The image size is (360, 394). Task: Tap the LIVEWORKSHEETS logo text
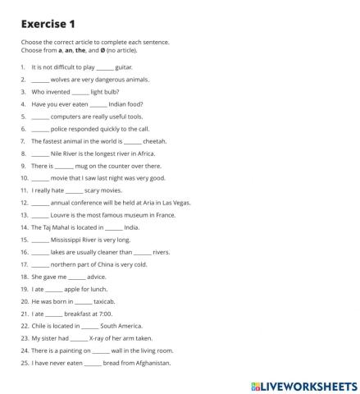click(305, 383)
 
